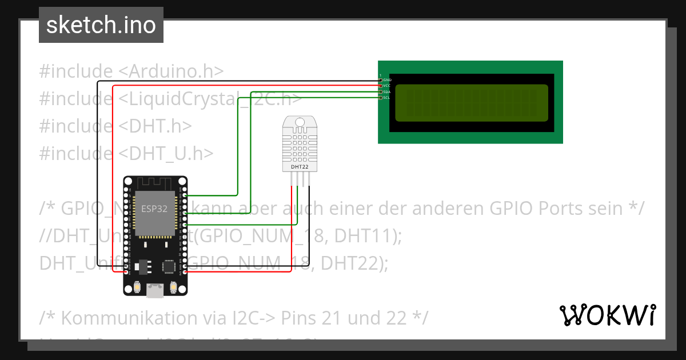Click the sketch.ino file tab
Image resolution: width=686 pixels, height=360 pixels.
pyautogui.click(x=101, y=25)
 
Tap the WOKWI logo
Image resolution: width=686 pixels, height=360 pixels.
pyautogui.click(x=607, y=315)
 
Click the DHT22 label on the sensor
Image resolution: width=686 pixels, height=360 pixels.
pyautogui.click(x=300, y=166)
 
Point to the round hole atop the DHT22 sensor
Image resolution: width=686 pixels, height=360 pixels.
pyautogui.click(x=300, y=121)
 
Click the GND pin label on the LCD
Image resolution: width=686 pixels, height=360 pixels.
pyautogui.click(x=387, y=79)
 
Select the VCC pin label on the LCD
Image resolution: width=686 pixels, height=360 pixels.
pyautogui.click(x=387, y=86)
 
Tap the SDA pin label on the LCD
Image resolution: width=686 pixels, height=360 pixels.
pyautogui.click(x=387, y=91)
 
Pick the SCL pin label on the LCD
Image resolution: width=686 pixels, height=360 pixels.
pyautogui.click(x=387, y=98)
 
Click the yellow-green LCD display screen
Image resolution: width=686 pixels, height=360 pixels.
pyautogui.click(x=472, y=103)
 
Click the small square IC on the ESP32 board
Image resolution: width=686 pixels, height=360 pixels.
pyautogui.click(x=169, y=266)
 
